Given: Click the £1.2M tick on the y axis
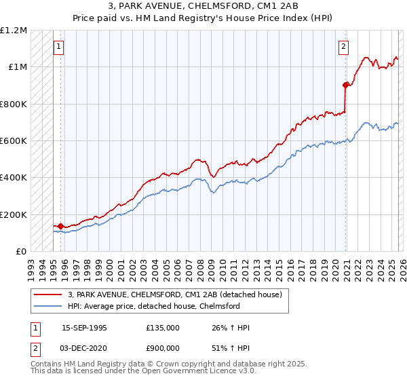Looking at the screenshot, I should pos(14,31).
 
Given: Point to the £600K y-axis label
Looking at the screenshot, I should pos(14,141).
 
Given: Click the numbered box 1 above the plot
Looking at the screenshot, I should pos(58,47).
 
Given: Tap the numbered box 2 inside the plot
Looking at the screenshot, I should pos(344,47).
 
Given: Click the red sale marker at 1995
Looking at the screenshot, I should pos(60,226).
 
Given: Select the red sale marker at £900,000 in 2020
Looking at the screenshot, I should pos(345,85).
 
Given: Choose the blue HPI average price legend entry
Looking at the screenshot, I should pos(153,306).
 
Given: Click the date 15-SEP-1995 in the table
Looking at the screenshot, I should pos(84,328).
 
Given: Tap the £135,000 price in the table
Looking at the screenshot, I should pos(162,328).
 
